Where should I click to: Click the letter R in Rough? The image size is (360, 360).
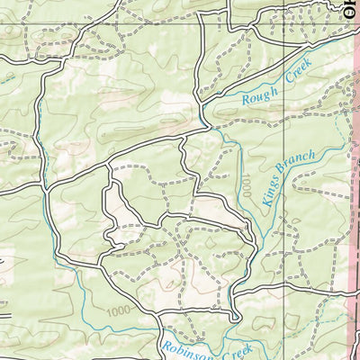coord(246,100)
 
